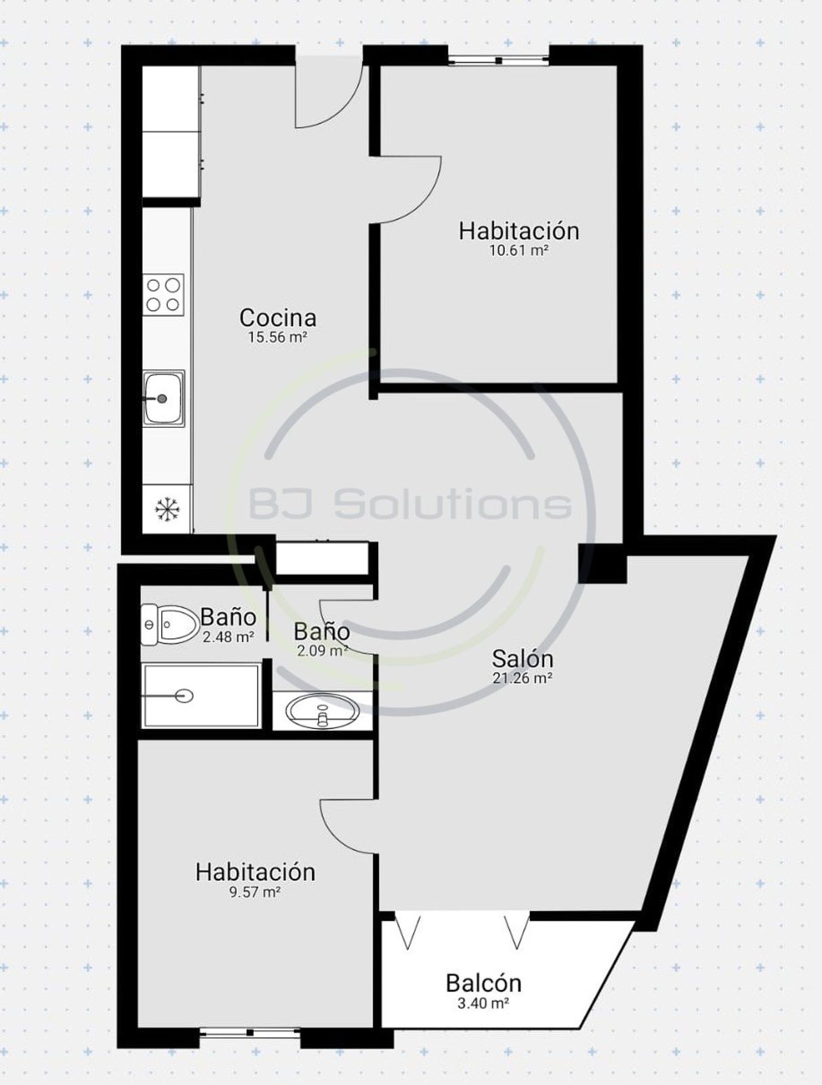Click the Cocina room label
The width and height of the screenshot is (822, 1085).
(278, 318)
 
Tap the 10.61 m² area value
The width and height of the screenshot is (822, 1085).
(518, 250)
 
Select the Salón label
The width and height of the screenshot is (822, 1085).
(522, 659)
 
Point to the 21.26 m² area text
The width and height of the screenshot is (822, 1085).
(522, 678)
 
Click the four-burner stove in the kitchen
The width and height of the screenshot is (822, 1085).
(163, 294)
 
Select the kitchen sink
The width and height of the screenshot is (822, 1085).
(164, 397)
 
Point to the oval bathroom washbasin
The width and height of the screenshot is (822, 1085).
(322, 712)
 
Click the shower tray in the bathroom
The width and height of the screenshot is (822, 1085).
(201, 696)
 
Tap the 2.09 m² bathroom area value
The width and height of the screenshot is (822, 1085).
(323, 651)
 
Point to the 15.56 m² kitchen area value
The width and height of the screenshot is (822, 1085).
(278, 337)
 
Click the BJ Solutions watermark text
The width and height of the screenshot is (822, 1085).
(411, 505)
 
